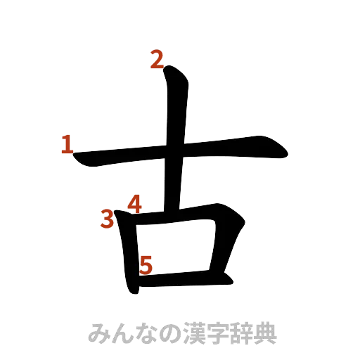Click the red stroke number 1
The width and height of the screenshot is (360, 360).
[67, 146]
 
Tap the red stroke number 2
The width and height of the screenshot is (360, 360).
[156, 60]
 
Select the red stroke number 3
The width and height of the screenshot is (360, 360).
[107, 220]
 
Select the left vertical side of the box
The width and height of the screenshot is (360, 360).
[129, 253]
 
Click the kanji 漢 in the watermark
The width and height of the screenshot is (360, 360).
[192, 333]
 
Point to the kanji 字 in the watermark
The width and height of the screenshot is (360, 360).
[217, 333]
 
